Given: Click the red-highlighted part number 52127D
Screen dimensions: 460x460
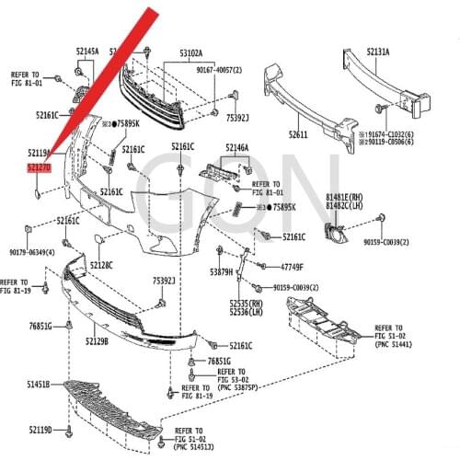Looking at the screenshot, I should coord(39,168).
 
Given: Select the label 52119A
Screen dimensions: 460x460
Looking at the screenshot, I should coord(40,152).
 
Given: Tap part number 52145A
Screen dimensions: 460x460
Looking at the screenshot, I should coord(86,52).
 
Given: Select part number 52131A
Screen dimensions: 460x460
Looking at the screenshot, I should coord(378,52).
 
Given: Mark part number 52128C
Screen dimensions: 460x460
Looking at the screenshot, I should coord(101,265).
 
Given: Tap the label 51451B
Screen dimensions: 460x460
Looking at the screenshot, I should coord(40,384).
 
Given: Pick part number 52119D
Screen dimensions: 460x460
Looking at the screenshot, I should coord(40,430).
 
